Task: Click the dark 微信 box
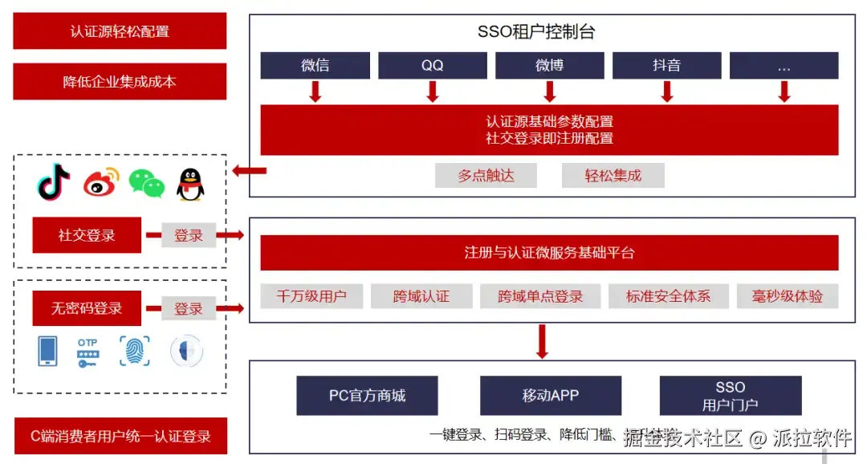[x=315, y=66]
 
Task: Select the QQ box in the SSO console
[x=432, y=66]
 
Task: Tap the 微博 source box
[x=549, y=66]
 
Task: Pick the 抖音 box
[x=666, y=66]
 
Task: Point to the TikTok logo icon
[x=55, y=182]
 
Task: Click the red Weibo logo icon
[x=100, y=183]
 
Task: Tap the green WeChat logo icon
[x=146, y=184]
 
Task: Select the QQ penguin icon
[x=190, y=184]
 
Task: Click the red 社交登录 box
[x=87, y=235]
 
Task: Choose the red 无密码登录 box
[x=87, y=308]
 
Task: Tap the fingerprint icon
[x=135, y=352]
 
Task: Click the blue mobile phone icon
[x=48, y=352]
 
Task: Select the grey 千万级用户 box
[x=311, y=296]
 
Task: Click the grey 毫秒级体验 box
[x=788, y=296]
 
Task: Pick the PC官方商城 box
[x=367, y=396]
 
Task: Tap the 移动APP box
[x=551, y=396]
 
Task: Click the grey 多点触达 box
[x=486, y=175]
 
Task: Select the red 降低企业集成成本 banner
[x=120, y=81]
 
